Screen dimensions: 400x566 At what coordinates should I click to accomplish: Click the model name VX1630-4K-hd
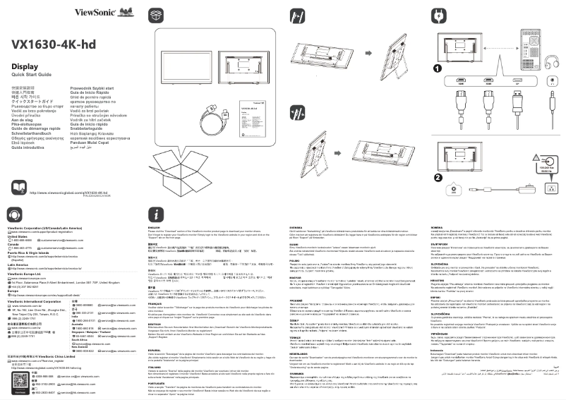54,44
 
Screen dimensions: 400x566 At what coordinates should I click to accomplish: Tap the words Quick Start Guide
31,74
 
